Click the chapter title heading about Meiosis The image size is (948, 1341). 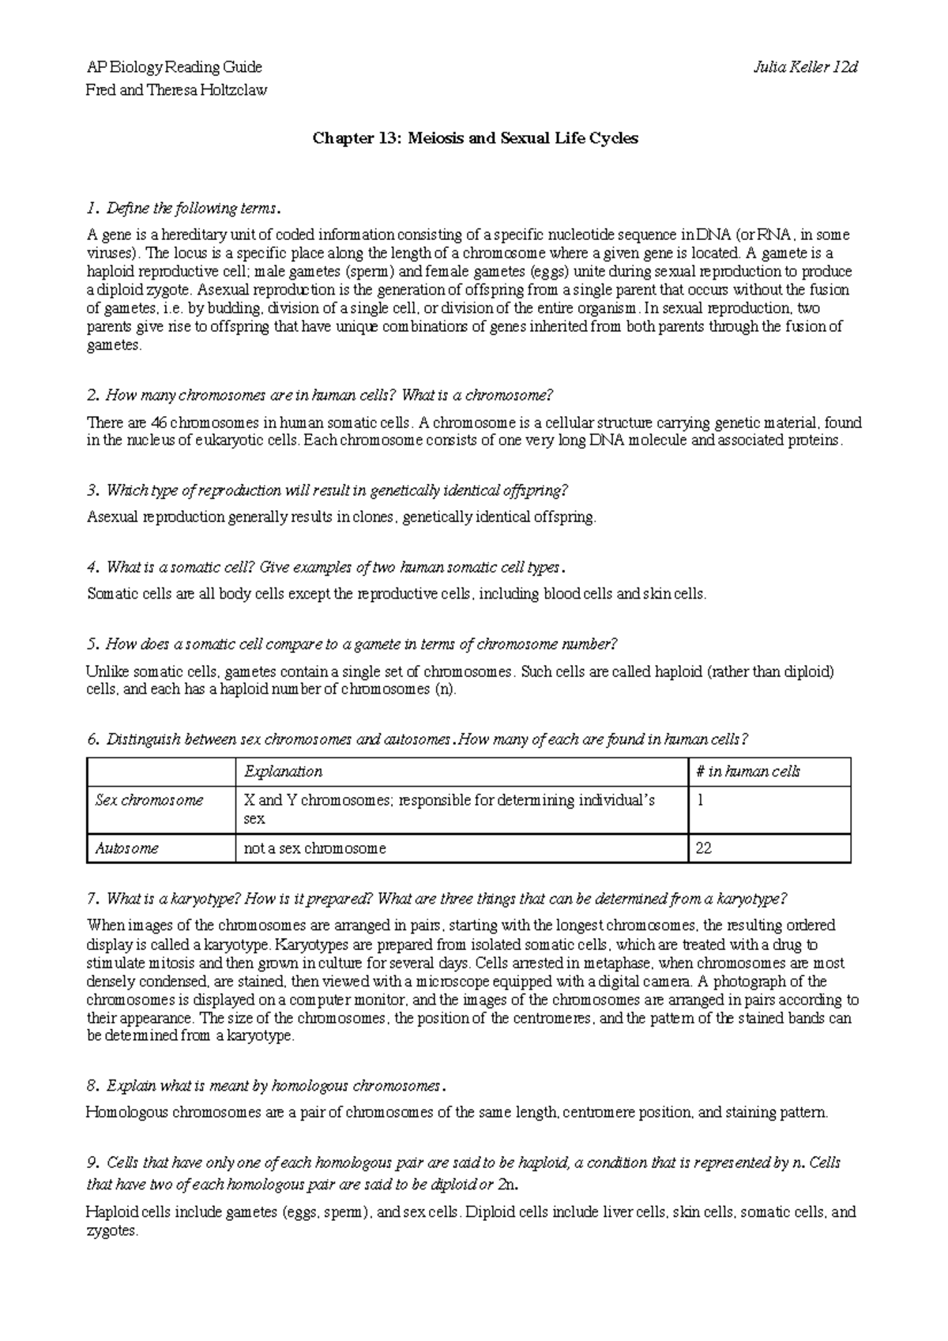pos(475,139)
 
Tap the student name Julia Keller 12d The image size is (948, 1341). pos(807,67)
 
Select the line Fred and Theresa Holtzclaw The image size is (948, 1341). pos(176,90)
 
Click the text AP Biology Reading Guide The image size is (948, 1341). pos(174,67)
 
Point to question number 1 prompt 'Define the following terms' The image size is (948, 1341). pos(183,209)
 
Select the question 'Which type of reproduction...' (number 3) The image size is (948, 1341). pos(327,491)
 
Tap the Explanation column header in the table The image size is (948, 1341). pos(283,772)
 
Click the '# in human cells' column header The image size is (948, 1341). pos(747,772)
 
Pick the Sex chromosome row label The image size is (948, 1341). pos(149,800)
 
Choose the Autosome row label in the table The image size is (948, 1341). pos(126,848)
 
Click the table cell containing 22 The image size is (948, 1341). pos(703,848)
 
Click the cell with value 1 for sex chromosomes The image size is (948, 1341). pos(700,800)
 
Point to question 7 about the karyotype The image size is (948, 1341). pos(436,899)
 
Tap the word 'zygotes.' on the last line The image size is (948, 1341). pos(112,1231)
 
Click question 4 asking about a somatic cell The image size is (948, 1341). pos(326,568)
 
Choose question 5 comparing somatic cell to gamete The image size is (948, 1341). pos(350,644)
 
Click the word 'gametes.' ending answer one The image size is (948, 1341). pos(114,346)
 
